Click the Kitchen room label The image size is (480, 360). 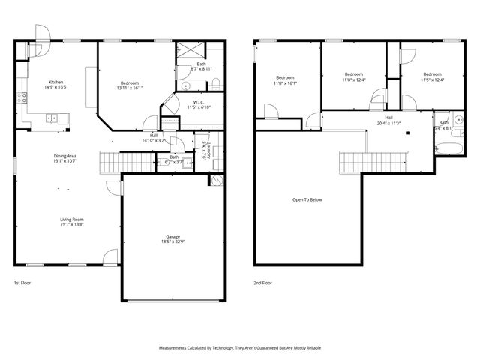pyautogui.click(x=55, y=82)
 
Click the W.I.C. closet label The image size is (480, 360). pyautogui.click(x=199, y=103)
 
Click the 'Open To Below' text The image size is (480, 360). pyautogui.click(x=307, y=200)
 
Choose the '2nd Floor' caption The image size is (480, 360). pyautogui.click(x=262, y=283)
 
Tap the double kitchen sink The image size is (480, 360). pyautogui.click(x=52, y=118)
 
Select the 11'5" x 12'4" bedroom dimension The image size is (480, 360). pyautogui.click(x=431, y=80)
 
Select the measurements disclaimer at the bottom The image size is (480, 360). pyautogui.click(x=240, y=348)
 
